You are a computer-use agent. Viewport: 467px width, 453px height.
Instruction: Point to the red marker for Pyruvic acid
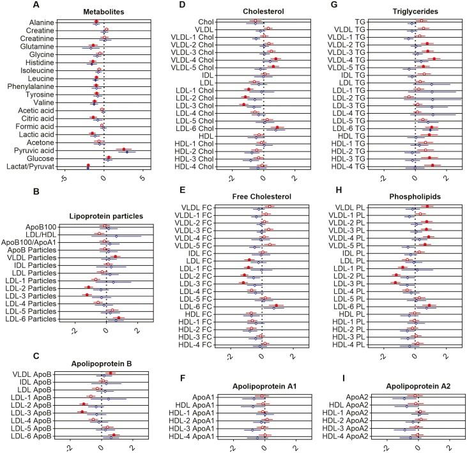tap(124, 149)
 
